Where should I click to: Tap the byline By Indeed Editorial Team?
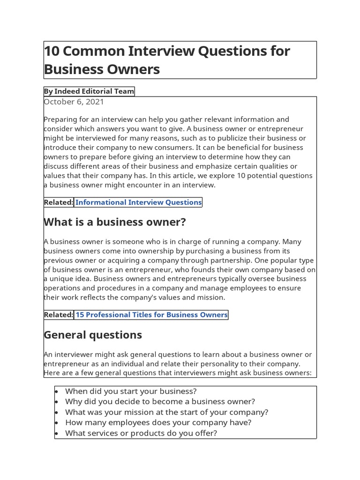(x=89, y=91)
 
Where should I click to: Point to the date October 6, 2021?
(x=74, y=102)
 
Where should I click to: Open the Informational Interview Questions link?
(x=138, y=202)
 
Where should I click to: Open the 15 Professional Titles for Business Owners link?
(x=151, y=315)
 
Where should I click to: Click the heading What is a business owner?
(x=115, y=222)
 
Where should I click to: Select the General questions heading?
(x=93, y=335)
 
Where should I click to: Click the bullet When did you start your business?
(x=131, y=391)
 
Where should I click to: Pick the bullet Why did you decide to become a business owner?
(x=160, y=402)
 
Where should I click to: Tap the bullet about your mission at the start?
(x=166, y=412)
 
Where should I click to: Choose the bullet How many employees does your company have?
(x=158, y=422)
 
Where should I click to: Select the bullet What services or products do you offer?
(x=141, y=433)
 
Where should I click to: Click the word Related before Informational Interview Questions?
(x=59, y=202)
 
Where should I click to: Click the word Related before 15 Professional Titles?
(x=59, y=315)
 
